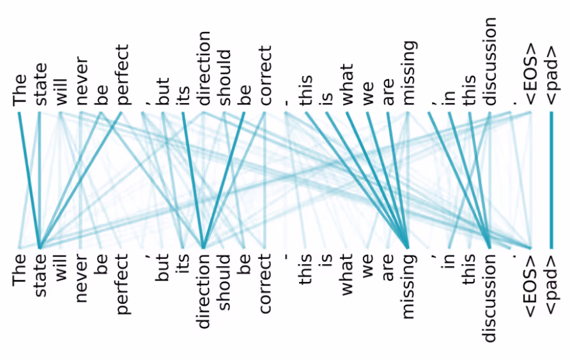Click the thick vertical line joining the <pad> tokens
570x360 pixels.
coord(551,179)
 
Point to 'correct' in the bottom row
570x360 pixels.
coord(265,285)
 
